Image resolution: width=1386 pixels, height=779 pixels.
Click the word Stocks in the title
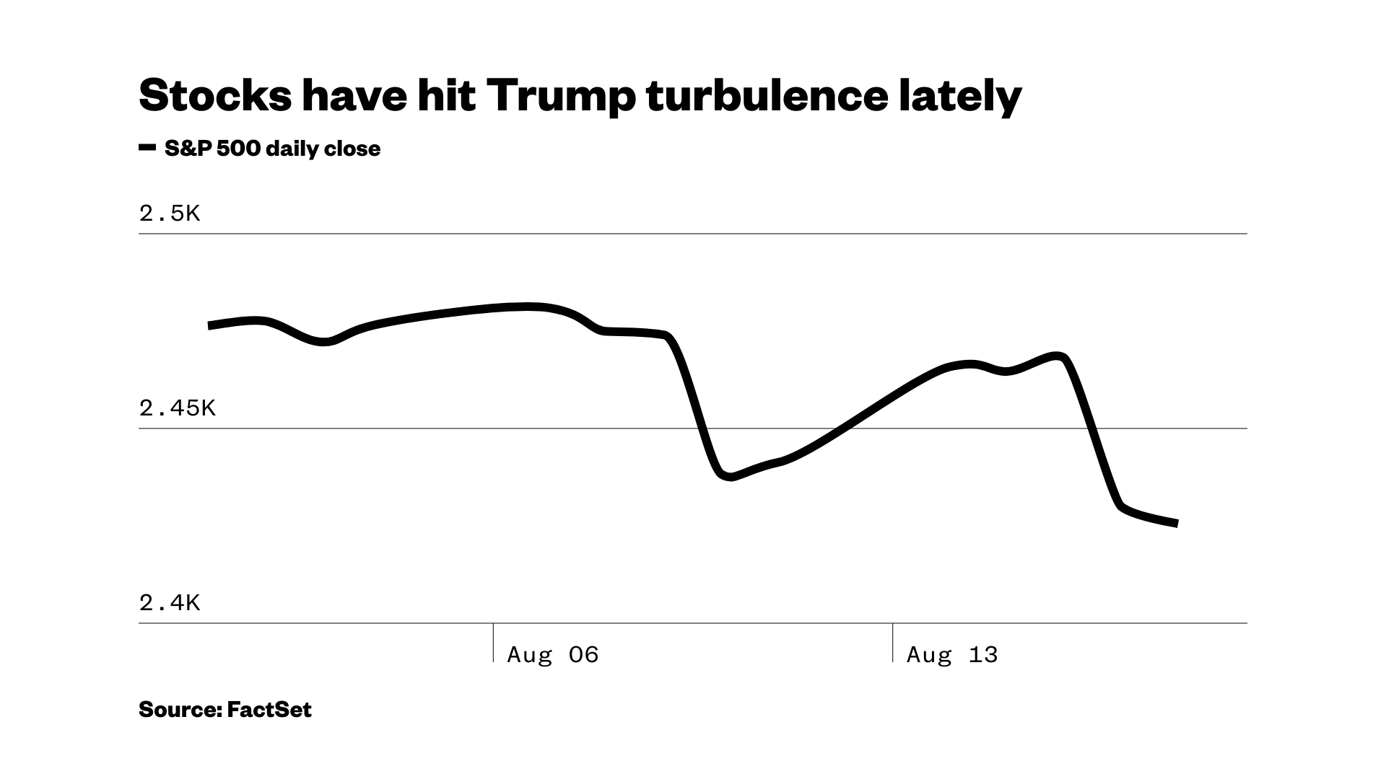click(215, 96)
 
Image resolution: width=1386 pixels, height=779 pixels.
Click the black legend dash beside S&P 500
click(147, 148)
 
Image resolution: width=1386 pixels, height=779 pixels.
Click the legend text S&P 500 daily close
click(272, 149)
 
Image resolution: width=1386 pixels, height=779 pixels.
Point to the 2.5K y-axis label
click(169, 214)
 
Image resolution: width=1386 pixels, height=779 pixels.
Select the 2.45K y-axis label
click(177, 408)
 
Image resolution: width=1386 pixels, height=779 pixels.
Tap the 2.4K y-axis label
click(169, 603)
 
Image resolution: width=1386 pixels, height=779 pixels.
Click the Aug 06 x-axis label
click(553, 655)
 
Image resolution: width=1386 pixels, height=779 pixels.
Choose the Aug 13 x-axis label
click(952, 655)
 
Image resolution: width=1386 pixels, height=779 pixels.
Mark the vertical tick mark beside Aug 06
click(494, 642)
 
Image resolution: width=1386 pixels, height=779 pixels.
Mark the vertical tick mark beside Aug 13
click(893, 642)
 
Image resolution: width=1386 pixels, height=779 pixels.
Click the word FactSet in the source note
click(269, 710)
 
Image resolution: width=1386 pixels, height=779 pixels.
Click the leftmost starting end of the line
click(209, 326)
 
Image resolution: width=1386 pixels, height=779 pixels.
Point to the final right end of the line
click(1177, 524)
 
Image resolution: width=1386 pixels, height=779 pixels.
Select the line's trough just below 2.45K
click(729, 476)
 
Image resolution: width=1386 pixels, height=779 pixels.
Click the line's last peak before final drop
click(1058, 356)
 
